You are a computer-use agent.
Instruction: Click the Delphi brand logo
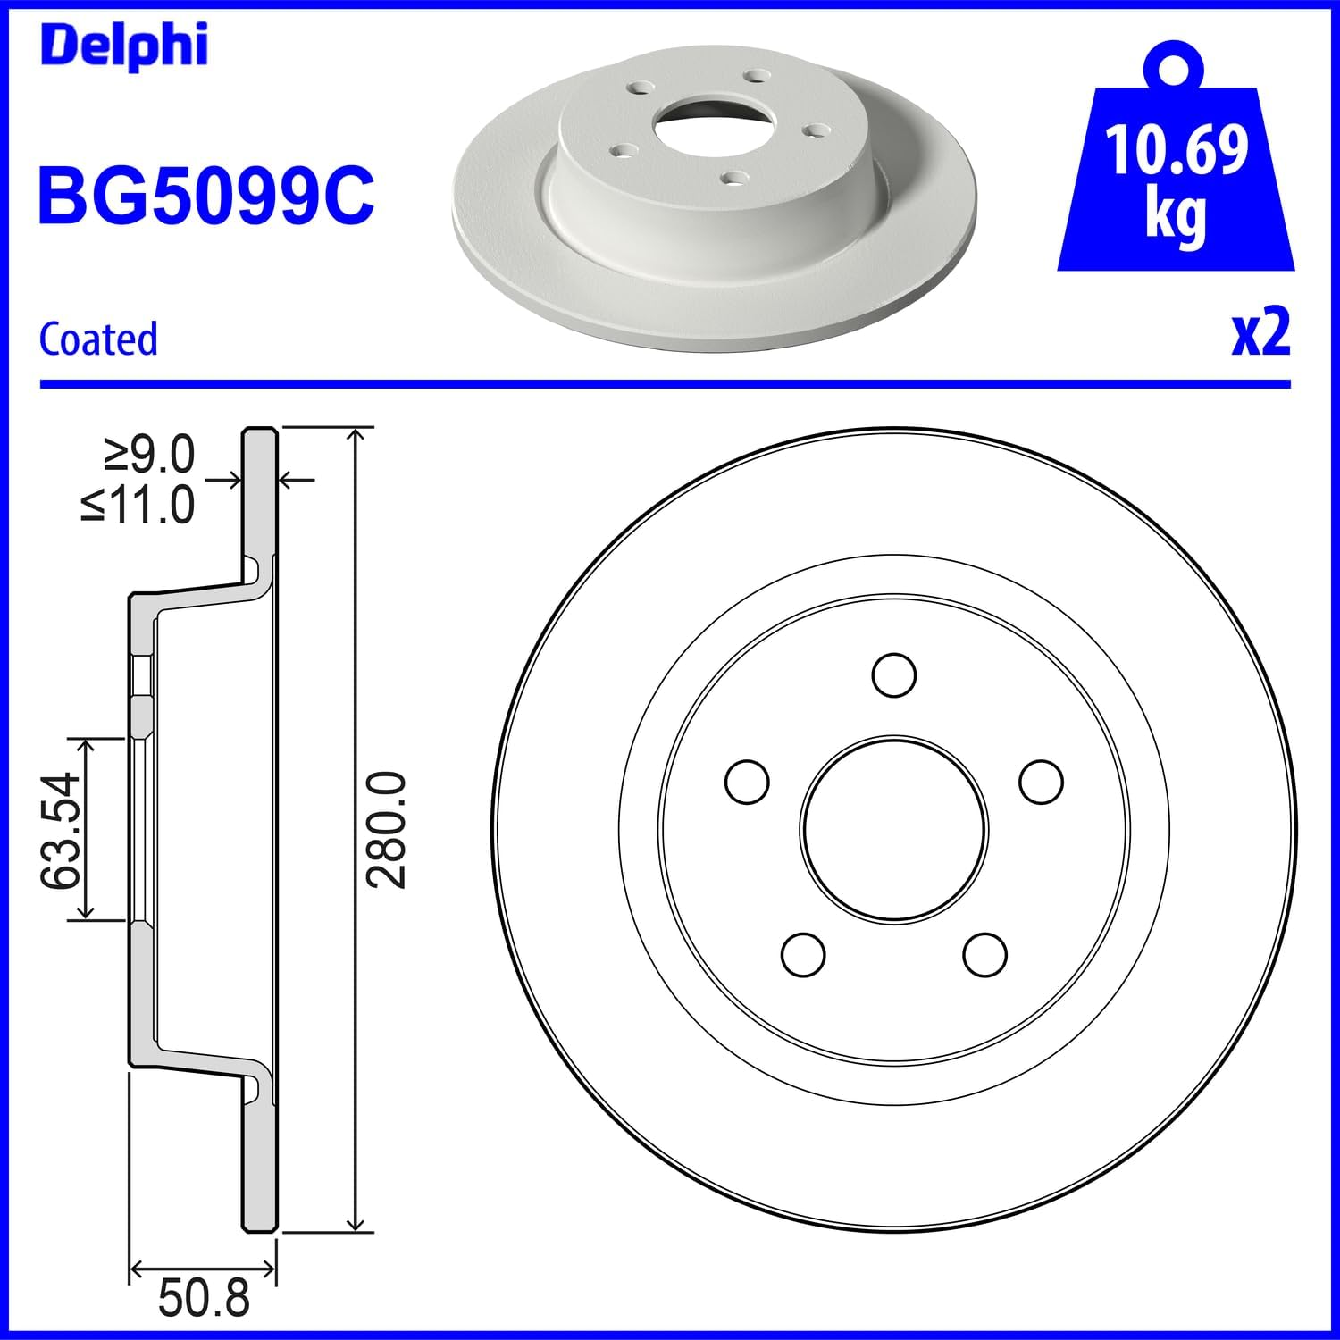click(124, 46)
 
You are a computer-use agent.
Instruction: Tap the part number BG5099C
click(206, 196)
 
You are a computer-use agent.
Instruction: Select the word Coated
click(98, 339)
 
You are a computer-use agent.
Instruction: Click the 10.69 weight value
click(1177, 150)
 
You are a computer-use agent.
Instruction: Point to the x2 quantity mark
click(1261, 332)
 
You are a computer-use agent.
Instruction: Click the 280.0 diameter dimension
click(387, 831)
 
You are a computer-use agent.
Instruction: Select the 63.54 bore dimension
click(61, 831)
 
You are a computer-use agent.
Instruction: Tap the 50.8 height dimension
click(204, 1298)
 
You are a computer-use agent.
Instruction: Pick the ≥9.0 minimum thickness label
click(149, 455)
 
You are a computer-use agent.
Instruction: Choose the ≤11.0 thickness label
click(138, 505)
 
